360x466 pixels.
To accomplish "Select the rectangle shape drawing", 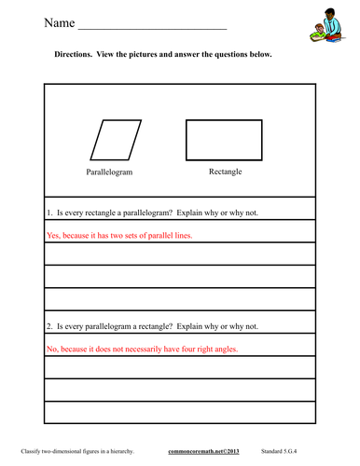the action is click(x=220, y=141).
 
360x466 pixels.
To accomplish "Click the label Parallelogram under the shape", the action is click(x=112, y=172).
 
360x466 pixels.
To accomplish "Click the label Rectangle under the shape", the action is click(x=221, y=171).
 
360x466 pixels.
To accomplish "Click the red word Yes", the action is click(x=53, y=236).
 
